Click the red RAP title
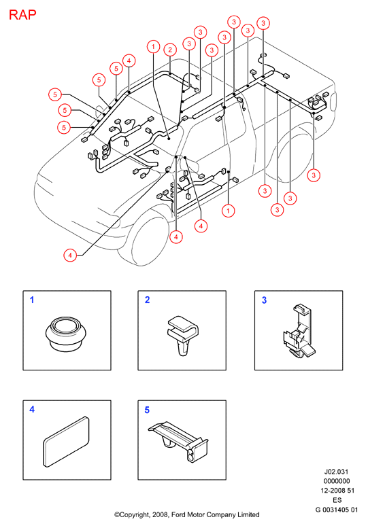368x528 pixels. click(x=22, y=15)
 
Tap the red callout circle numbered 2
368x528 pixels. click(x=170, y=50)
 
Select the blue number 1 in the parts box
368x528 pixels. click(x=32, y=300)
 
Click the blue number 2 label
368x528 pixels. click(x=147, y=300)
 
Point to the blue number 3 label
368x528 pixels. click(x=264, y=300)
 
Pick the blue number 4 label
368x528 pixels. click(x=32, y=410)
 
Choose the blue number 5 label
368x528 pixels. click(x=147, y=410)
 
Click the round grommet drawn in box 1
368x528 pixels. click(x=65, y=334)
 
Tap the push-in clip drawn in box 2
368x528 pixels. click(x=182, y=335)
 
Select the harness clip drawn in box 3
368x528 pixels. click(x=299, y=331)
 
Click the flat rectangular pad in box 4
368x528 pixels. click(x=67, y=442)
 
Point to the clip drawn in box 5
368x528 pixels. click(x=178, y=441)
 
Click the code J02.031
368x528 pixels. click(x=336, y=472)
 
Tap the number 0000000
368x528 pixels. click(x=337, y=481)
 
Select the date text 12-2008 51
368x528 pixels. click(x=337, y=491)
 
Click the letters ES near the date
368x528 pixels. click(x=337, y=500)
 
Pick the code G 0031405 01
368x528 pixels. click(x=337, y=510)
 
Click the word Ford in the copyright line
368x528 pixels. click(x=179, y=514)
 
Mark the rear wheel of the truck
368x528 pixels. click(x=297, y=158)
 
